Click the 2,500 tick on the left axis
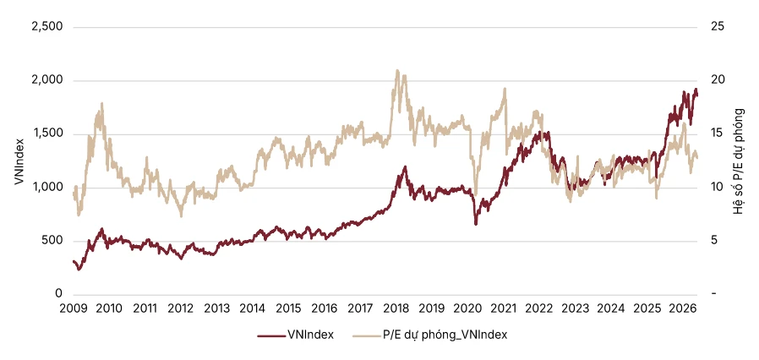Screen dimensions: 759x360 pos(47,26)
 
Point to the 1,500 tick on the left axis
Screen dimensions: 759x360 pos(47,134)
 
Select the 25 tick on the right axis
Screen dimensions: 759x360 pos(718,26)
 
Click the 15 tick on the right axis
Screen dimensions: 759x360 pos(718,134)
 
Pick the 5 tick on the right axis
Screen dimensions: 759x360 pos(715,241)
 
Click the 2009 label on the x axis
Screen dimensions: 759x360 pos(74,308)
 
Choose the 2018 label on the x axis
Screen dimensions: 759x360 pos(396,308)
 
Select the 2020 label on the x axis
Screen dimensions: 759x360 pos(468,308)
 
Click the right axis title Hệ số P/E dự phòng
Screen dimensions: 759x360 pos(738,161)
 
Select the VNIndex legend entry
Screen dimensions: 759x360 pos(296,335)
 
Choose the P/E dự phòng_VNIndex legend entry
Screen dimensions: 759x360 pos(429,335)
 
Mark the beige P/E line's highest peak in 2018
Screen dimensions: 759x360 pos(397,70)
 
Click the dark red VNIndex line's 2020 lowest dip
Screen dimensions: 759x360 pos(476,224)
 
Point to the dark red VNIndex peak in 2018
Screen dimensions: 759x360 pos(405,166)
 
